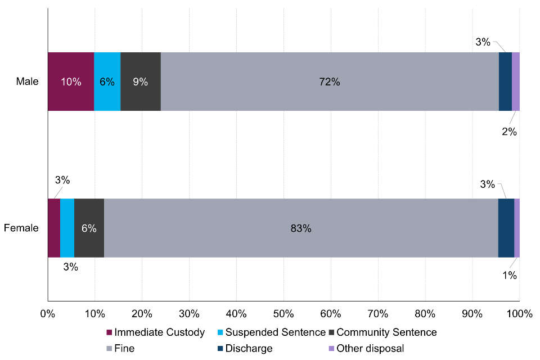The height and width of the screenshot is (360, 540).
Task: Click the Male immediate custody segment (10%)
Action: point(71,82)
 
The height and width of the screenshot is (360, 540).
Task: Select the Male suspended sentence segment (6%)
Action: point(107,82)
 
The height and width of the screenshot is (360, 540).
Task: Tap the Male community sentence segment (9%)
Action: point(141,82)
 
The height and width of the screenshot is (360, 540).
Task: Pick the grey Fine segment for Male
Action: point(330,82)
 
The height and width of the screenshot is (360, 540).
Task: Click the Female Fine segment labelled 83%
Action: point(301,228)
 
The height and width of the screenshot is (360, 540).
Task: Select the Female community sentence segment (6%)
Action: point(89,228)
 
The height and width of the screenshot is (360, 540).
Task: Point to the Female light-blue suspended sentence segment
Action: point(67,228)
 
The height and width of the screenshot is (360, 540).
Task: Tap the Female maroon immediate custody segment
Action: point(54,228)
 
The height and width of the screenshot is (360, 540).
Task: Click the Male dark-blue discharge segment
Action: point(505,82)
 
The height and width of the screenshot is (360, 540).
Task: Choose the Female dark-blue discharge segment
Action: point(506,228)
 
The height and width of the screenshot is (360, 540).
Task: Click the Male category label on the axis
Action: point(27,82)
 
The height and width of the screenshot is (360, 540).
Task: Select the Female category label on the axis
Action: point(21,228)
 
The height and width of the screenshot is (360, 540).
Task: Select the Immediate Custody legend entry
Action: point(155,332)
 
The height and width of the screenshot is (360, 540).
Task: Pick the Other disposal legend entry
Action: point(366,348)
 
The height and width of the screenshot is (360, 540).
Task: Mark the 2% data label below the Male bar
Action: point(510,132)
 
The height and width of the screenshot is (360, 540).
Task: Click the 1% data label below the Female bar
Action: point(510,275)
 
